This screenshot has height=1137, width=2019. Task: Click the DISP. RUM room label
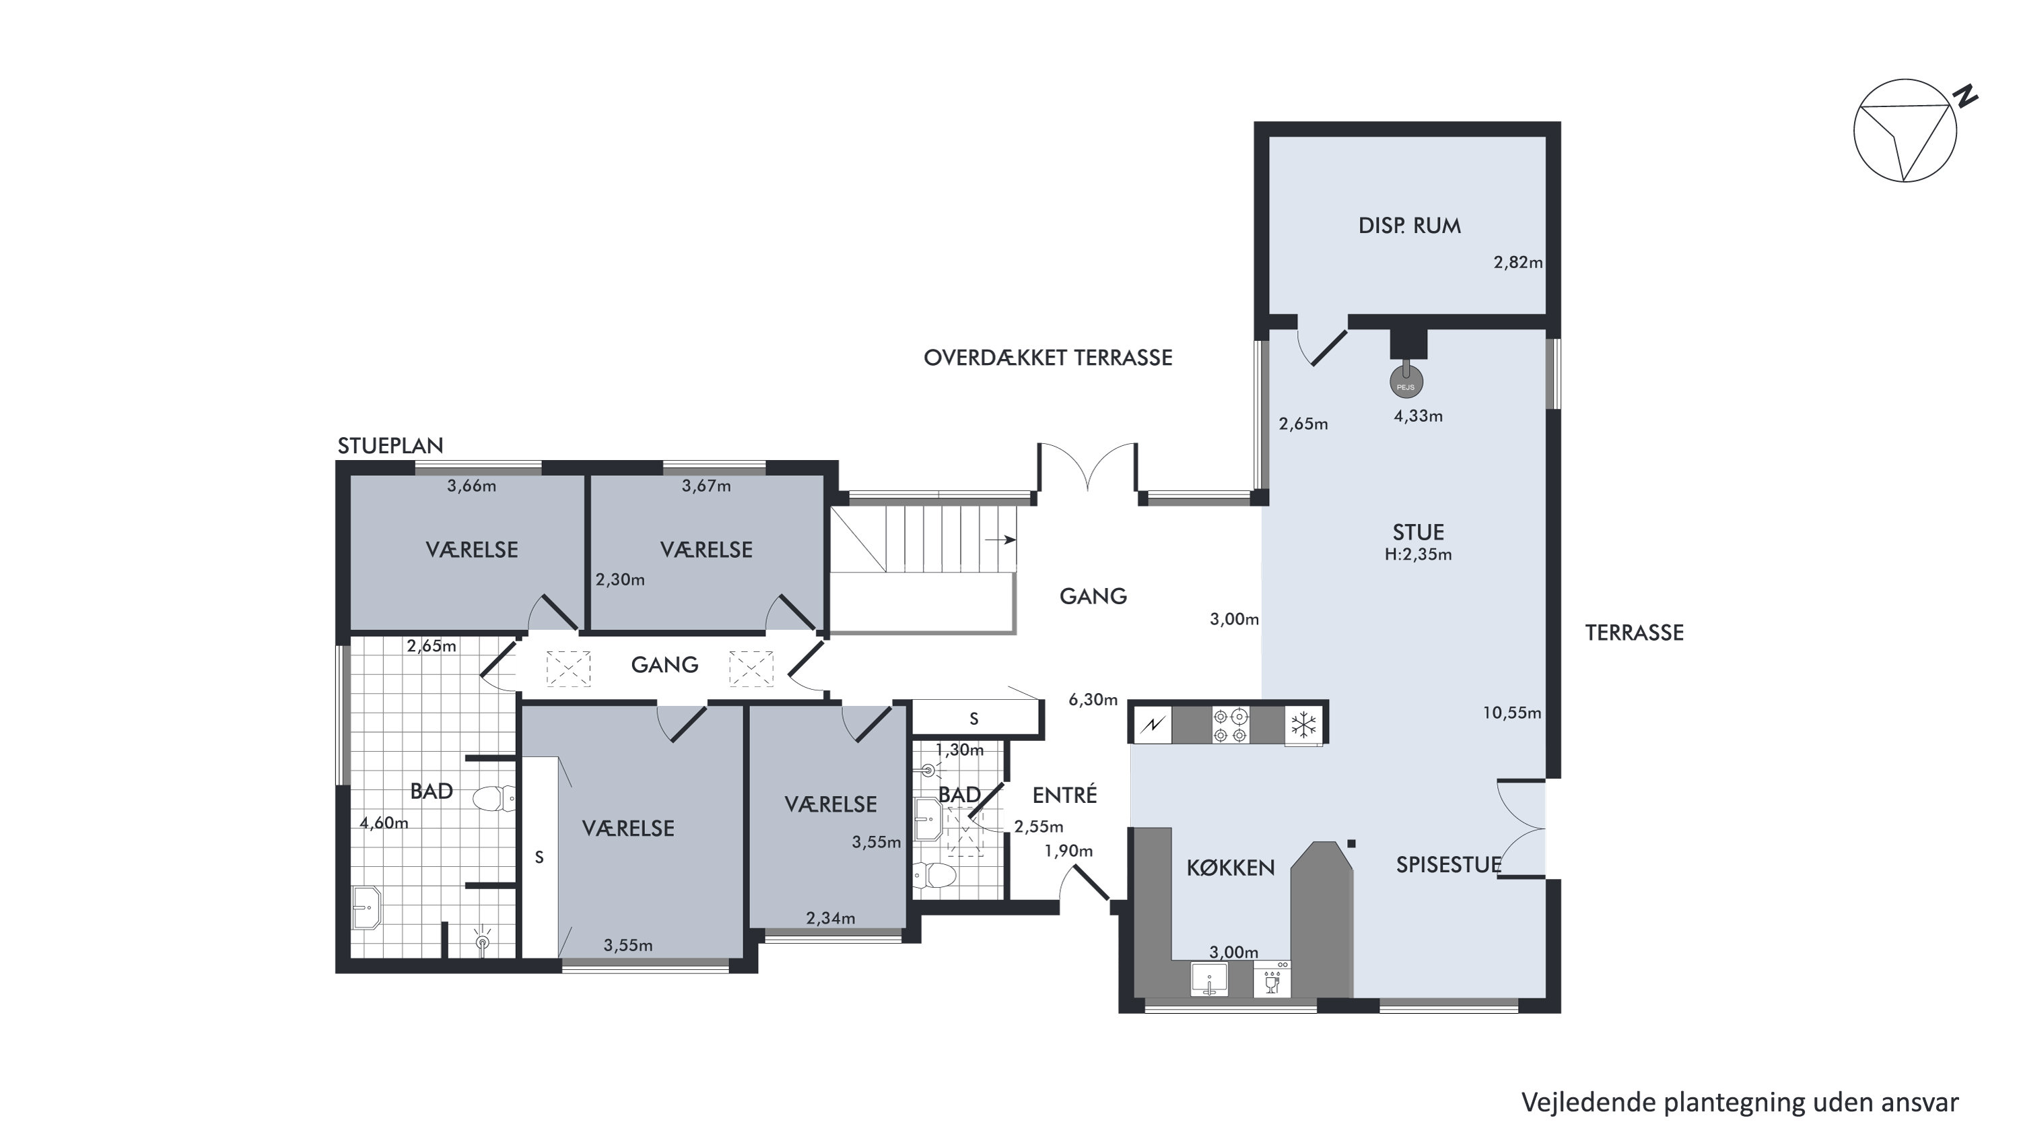click(1409, 226)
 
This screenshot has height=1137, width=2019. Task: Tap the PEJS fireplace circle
click(1406, 383)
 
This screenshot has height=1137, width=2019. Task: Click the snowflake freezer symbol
click(1303, 725)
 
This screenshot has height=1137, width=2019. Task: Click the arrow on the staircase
click(1001, 540)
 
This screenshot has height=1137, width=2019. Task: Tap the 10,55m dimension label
click(1511, 713)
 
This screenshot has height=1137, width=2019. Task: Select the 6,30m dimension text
click(1093, 699)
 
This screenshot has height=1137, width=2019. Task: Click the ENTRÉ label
click(1064, 795)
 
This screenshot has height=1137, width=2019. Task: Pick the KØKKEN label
click(1231, 868)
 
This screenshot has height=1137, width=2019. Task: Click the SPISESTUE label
click(1448, 865)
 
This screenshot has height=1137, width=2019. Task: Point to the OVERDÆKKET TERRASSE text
click(1048, 358)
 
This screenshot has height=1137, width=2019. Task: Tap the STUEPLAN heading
click(390, 446)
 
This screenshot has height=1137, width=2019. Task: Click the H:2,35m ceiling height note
click(1418, 555)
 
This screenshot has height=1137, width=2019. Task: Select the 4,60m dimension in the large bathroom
click(384, 823)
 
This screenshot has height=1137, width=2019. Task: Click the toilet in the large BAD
click(493, 799)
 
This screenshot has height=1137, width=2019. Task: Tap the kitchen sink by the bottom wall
click(1208, 979)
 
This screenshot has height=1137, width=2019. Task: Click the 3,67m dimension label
click(706, 486)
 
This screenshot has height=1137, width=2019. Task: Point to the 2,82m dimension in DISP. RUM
click(1518, 263)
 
